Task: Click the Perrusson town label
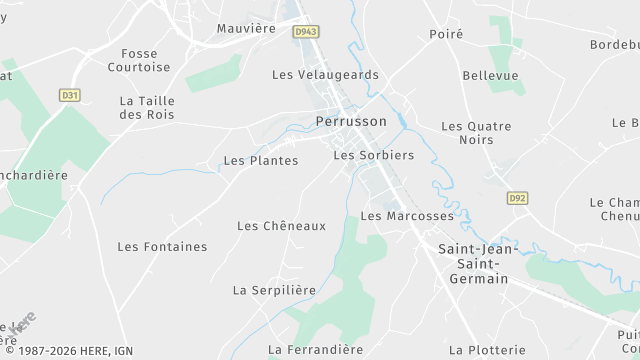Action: pyautogui.click(x=350, y=121)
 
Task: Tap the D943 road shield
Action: pyautogui.click(x=306, y=32)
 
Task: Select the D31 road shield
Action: pyautogui.click(x=69, y=96)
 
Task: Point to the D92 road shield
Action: pyautogui.click(x=516, y=198)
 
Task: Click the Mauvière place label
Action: pyautogui.click(x=246, y=28)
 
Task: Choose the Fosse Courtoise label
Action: pyautogui.click(x=139, y=60)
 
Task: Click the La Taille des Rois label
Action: pyautogui.click(x=146, y=108)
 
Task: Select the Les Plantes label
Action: pyautogui.click(x=260, y=160)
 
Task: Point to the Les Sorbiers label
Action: pyautogui.click(x=373, y=155)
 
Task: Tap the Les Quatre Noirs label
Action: pyautogui.click(x=476, y=133)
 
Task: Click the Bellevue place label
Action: pyautogui.click(x=490, y=75)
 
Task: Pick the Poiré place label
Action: pyautogui.click(x=446, y=34)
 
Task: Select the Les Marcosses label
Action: pyautogui.click(x=406, y=216)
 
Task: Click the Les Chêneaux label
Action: pyautogui.click(x=281, y=226)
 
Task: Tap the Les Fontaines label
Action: pyautogui.click(x=162, y=246)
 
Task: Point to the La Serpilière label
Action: pyautogui.click(x=274, y=290)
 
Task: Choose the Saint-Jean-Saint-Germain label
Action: pyautogui.click(x=478, y=262)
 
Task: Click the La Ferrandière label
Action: pyautogui.click(x=315, y=349)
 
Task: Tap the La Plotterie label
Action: pyautogui.click(x=487, y=349)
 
